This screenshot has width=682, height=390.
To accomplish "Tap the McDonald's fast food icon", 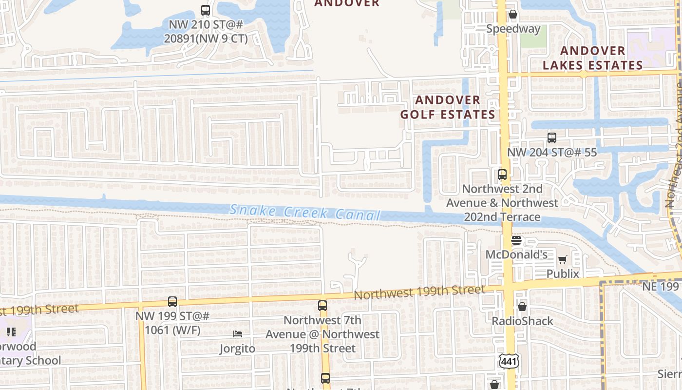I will (516, 240).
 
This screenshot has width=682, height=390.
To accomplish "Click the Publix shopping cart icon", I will (563, 260).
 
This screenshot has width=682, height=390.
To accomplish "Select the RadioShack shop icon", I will (522, 307).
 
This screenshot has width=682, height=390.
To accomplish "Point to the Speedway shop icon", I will (513, 15).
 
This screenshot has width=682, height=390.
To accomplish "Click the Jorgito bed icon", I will (238, 334).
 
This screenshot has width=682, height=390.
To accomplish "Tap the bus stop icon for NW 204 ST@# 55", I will (551, 138).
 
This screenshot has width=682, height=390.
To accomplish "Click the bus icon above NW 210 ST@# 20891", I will (206, 10).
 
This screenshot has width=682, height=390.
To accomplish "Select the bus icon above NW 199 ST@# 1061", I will (172, 302).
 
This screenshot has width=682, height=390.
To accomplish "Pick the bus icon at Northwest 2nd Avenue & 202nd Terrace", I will (502, 174).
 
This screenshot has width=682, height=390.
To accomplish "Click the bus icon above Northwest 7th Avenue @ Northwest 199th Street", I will (322, 306).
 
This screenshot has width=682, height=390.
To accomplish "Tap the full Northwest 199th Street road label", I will (419, 292).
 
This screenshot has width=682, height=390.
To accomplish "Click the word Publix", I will (563, 274).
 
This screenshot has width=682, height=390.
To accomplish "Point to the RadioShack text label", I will (522, 321).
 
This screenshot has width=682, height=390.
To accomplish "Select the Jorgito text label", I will (237, 349).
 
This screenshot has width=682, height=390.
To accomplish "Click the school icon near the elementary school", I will (11, 332).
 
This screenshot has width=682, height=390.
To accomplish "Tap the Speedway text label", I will (513, 29).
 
